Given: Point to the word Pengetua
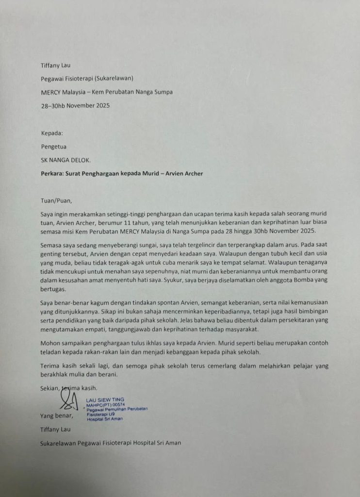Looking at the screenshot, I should click(53, 146).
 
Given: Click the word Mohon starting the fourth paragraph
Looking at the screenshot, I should click(51, 343).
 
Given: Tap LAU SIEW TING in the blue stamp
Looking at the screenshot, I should click(104, 399).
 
